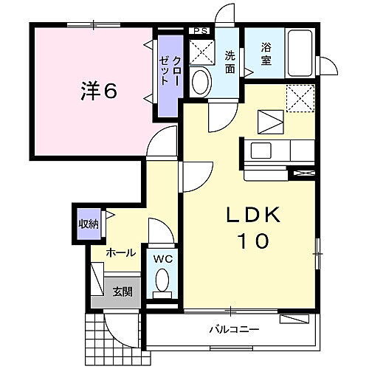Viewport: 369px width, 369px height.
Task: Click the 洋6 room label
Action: click(98, 92)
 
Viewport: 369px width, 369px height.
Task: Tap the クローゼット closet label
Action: click(170, 73)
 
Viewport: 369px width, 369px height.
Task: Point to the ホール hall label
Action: click(121, 252)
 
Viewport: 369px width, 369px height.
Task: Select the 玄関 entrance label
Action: click(122, 292)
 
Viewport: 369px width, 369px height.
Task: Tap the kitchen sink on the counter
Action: click(263, 151)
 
